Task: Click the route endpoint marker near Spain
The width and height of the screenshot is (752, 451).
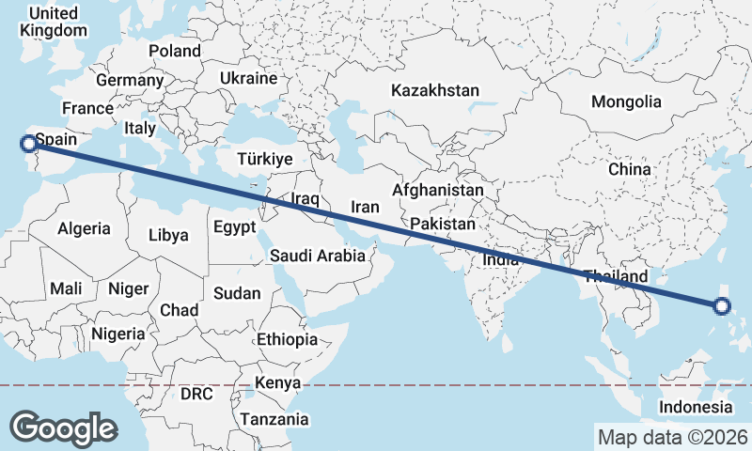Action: pyautogui.click(x=28, y=143)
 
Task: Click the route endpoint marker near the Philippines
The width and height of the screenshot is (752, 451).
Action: pyautogui.click(x=722, y=305)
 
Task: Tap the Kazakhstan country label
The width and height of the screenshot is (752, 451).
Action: pyautogui.click(x=435, y=91)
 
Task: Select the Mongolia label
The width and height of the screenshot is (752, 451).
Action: pyautogui.click(x=626, y=101)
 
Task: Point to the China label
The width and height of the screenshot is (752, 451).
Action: pyautogui.click(x=629, y=169)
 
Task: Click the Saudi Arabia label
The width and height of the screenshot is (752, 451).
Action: pyautogui.click(x=318, y=256)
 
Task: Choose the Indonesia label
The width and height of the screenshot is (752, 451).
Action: pyautogui.click(x=696, y=407)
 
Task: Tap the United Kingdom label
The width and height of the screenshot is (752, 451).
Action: pyautogui.click(x=53, y=22)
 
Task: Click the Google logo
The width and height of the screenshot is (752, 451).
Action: pyautogui.click(x=63, y=428)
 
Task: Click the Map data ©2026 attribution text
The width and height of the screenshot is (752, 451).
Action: pyautogui.click(x=672, y=437)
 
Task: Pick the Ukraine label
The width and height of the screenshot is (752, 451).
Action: pyautogui.click(x=248, y=78)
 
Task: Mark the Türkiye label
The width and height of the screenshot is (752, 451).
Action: pyautogui.click(x=265, y=159)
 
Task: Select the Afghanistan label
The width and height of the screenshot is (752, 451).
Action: pyautogui.click(x=438, y=190)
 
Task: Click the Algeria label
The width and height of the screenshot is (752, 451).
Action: pyautogui.click(x=85, y=228)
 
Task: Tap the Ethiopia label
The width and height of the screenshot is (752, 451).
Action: pyautogui.click(x=287, y=339)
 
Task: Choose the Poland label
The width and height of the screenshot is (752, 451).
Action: pyautogui.click(x=174, y=51)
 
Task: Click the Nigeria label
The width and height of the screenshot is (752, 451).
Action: pyautogui.click(x=118, y=333)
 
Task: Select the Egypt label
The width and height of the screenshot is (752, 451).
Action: pyautogui.click(x=234, y=226)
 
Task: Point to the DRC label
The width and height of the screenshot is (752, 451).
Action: pyautogui.click(x=197, y=393)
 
